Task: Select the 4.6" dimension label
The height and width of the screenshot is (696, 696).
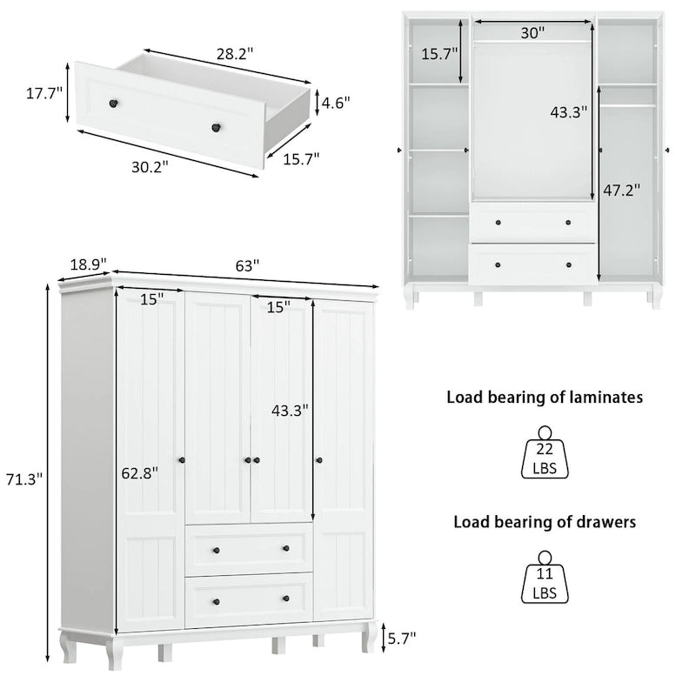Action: click(x=336, y=103)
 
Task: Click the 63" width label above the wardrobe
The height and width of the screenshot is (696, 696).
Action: click(x=247, y=266)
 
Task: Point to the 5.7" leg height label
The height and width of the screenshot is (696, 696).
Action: click(x=401, y=638)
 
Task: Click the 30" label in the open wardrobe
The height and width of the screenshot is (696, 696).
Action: click(x=532, y=33)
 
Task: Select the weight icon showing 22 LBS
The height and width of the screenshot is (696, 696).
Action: click(x=545, y=454)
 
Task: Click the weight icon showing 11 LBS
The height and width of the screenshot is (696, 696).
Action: click(x=545, y=579)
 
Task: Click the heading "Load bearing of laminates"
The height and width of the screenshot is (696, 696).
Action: click(x=545, y=398)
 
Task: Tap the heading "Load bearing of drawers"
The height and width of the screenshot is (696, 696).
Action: click(x=545, y=522)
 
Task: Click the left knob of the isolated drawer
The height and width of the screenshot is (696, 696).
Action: click(x=112, y=104)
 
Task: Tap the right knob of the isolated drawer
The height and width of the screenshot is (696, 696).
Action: click(x=213, y=129)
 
